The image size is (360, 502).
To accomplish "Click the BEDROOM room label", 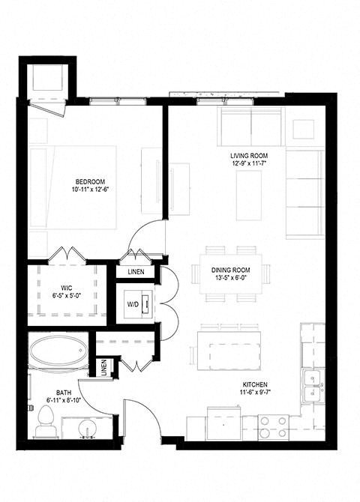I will (x=89, y=181).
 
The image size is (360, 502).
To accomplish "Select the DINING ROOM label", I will (x=230, y=270).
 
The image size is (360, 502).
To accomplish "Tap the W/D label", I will (x=132, y=304).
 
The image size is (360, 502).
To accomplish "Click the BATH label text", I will (x=64, y=392).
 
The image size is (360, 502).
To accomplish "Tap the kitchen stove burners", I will (x=273, y=426).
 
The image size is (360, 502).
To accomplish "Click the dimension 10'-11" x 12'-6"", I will (x=89, y=190).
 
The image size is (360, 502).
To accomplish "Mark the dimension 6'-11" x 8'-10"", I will (x=64, y=401).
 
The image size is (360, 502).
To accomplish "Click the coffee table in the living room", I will (x=249, y=195).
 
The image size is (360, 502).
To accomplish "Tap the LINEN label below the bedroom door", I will (x=136, y=270).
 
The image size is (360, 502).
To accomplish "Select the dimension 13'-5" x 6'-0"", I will (x=230, y=278).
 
